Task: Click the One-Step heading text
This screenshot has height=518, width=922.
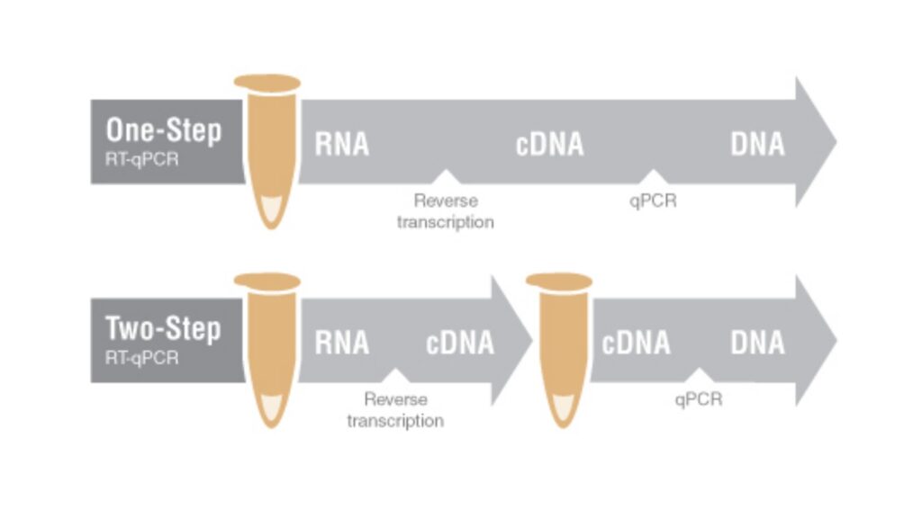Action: click(164, 131)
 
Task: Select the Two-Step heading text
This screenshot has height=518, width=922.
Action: click(163, 329)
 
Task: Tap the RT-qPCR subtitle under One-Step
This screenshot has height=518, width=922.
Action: click(141, 163)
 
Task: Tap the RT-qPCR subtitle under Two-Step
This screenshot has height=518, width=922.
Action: click(141, 359)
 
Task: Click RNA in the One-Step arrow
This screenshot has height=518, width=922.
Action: click(341, 145)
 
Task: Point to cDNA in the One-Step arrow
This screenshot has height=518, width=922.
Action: click(549, 145)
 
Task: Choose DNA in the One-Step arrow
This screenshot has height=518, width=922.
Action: click(757, 145)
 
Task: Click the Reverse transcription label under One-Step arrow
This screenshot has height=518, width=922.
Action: click(445, 211)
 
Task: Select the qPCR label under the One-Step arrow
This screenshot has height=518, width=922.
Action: click(653, 201)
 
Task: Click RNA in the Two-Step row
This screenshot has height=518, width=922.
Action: click(341, 343)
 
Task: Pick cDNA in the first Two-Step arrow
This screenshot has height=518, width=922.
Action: click(459, 343)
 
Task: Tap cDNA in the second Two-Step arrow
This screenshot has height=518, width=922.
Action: click(636, 343)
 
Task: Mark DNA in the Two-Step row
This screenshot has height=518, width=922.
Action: click(757, 343)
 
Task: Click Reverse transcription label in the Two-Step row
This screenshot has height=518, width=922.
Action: click(395, 410)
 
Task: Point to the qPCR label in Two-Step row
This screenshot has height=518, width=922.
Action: click(698, 399)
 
